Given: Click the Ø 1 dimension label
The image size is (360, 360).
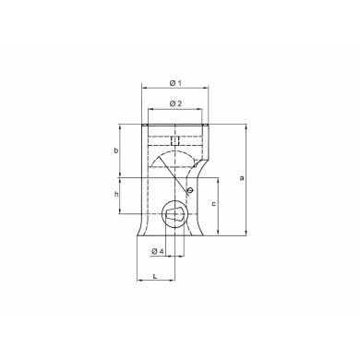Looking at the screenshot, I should [x=174, y=80].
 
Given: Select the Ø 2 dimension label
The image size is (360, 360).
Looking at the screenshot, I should [x=174, y=103].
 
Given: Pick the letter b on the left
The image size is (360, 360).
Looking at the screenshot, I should [x=116, y=149].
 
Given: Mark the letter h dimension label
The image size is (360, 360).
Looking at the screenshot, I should [x=116, y=196].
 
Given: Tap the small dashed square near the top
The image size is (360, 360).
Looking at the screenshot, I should [x=174, y=141].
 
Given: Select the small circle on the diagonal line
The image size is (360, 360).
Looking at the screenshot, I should [x=189, y=191].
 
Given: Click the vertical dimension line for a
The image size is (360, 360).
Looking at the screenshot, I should [x=247, y=181].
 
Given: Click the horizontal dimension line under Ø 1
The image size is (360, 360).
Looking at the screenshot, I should [x=174, y=89].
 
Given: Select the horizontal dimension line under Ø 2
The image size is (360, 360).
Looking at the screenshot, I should [x=174, y=111].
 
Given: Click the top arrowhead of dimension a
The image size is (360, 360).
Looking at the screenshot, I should [x=247, y=127].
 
